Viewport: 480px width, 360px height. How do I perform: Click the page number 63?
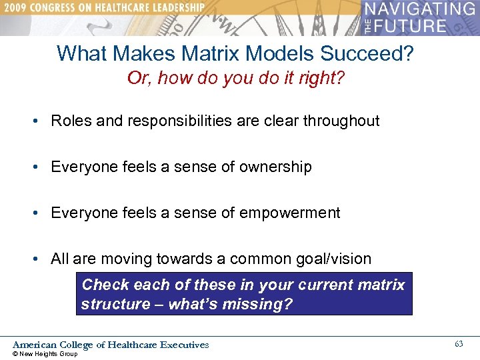[459, 344]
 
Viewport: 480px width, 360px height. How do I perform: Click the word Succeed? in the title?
[378, 53]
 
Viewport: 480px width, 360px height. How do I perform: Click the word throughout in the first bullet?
[341, 121]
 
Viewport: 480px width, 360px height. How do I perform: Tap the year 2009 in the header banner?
[16, 9]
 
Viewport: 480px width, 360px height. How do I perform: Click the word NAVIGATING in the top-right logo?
[420, 10]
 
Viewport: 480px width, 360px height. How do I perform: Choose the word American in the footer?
[35, 345]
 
